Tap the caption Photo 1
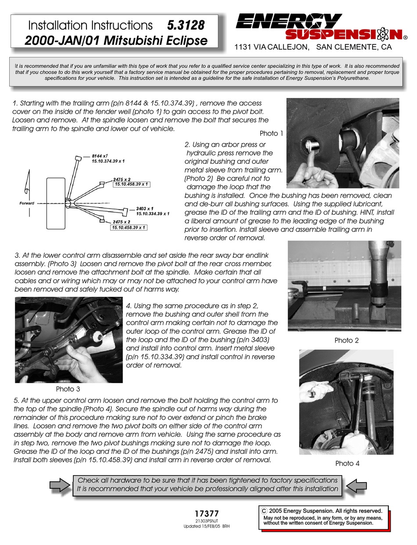[272, 134]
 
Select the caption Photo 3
[68, 389]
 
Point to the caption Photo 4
[347, 463]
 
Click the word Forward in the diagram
[27, 203]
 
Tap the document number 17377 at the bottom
[206, 513]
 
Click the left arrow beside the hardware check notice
[60, 485]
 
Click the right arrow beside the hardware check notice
[356, 485]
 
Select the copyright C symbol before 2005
[264, 511]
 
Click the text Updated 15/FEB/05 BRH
[206, 526]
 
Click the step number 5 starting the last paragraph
[16, 401]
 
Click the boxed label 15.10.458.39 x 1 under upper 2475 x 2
[131, 184]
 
